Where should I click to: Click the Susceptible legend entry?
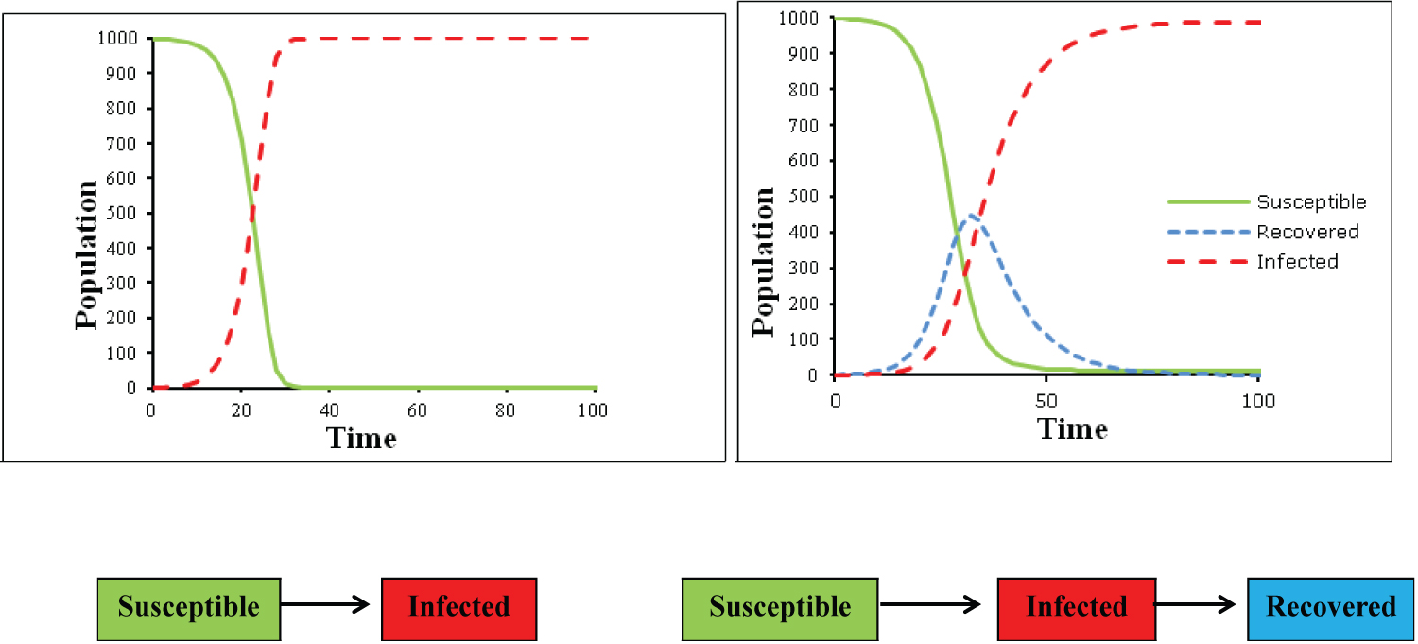pos(1310,201)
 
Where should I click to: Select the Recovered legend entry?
pos(1307,232)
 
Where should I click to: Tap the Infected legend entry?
pos(1297,262)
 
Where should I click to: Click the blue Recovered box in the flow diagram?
pos(1330,606)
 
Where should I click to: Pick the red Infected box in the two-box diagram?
pos(458,606)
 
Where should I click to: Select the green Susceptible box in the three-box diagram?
pos(780,606)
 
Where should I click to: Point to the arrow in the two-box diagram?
pos(326,606)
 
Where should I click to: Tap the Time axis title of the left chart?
pos(361,438)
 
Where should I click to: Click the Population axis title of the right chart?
pos(764,262)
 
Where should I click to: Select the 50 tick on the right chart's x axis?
pos(1046,400)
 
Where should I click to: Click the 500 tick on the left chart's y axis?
pos(126,213)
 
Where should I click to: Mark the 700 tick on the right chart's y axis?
pos(808,125)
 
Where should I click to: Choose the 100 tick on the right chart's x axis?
pos(1257,400)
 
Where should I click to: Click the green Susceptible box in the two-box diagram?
pos(188,606)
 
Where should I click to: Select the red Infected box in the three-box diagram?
pos(1076,606)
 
